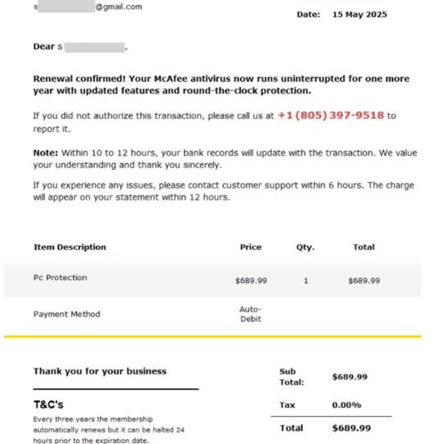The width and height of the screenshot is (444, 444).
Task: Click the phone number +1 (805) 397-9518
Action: [331, 115]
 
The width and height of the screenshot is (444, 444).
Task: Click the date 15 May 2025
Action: [359, 14]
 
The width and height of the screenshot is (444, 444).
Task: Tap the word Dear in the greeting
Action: [43, 47]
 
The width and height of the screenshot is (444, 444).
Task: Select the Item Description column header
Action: [69, 247]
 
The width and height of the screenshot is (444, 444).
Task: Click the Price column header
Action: [250, 247]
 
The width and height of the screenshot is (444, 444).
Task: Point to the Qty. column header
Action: [305, 247]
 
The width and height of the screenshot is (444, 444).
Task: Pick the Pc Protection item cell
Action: [60, 277]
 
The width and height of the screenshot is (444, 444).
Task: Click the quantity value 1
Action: [306, 281]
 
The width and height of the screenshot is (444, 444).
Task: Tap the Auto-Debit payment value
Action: [250, 314]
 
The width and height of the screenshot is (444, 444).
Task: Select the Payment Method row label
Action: [66, 314]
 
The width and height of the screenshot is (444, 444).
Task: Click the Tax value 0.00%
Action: [346, 405]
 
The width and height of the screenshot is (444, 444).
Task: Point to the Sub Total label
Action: [291, 377]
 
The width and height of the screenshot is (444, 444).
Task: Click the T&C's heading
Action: [48, 405]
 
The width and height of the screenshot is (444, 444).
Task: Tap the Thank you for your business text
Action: [99, 371]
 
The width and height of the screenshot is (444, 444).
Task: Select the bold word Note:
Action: [46, 153]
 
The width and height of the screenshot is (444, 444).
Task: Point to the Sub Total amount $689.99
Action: [350, 377]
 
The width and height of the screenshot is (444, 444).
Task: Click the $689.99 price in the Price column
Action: [251, 281]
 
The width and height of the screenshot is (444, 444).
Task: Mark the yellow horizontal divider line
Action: [212, 336]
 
